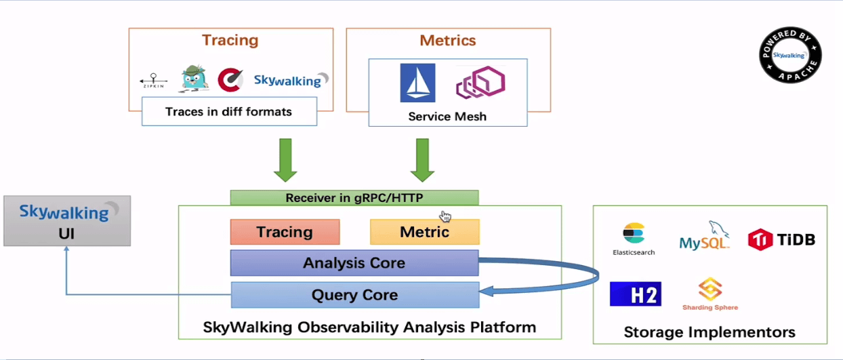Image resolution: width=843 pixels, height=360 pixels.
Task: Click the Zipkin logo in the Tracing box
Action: [153, 80]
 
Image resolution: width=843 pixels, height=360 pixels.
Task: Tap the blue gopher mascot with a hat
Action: [194, 79]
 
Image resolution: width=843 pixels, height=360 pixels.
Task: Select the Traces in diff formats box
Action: [229, 111]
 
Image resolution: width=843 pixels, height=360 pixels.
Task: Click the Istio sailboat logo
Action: [417, 83]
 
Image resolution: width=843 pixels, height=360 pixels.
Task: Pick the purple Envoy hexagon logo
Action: [480, 83]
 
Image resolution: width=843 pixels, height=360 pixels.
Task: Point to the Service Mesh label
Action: [447, 116]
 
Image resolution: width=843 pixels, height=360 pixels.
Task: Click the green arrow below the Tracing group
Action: [285, 160]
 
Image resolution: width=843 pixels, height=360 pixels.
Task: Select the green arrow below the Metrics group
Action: [422, 160]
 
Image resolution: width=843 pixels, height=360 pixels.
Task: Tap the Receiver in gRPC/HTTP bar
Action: [354, 198]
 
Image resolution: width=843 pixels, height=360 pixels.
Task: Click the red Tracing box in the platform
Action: [285, 232]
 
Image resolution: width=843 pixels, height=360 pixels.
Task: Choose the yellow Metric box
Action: [424, 232]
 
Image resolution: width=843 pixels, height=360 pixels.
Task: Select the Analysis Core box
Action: [354, 263]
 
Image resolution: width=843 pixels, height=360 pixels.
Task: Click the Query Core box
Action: [354, 295]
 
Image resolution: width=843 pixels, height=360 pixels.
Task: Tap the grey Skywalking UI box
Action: [67, 221]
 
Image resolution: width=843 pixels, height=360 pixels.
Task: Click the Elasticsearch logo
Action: [634, 239]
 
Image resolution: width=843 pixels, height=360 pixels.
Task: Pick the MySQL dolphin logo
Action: [705, 237]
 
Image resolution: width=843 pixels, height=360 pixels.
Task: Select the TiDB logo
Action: [781, 239]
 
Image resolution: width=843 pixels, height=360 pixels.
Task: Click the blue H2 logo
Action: [635, 294]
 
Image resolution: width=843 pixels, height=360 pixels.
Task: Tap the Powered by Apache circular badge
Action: [790, 56]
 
